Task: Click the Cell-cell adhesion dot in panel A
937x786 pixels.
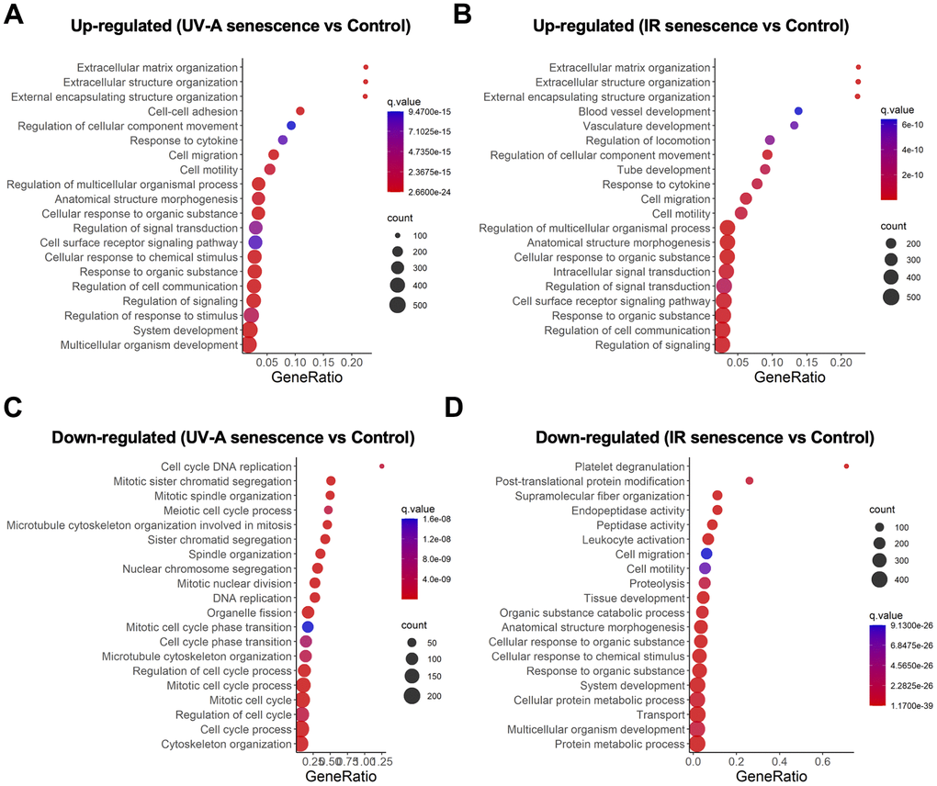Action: tap(299, 111)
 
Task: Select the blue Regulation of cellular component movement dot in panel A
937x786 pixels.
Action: tap(291, 126)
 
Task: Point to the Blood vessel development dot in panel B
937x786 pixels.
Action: tap(798, 111)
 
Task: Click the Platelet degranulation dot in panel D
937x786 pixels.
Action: tap(846, 466)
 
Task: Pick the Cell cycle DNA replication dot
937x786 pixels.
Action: tap(381, 466)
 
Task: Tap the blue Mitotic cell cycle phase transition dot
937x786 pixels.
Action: tap(308, 627)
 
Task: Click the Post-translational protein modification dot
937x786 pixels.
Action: tap(750, 481)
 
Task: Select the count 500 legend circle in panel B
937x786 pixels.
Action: tap(890, 296)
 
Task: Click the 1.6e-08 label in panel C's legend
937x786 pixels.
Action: tap(447, 522)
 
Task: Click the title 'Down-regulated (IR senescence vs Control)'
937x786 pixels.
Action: tap(704, 436)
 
